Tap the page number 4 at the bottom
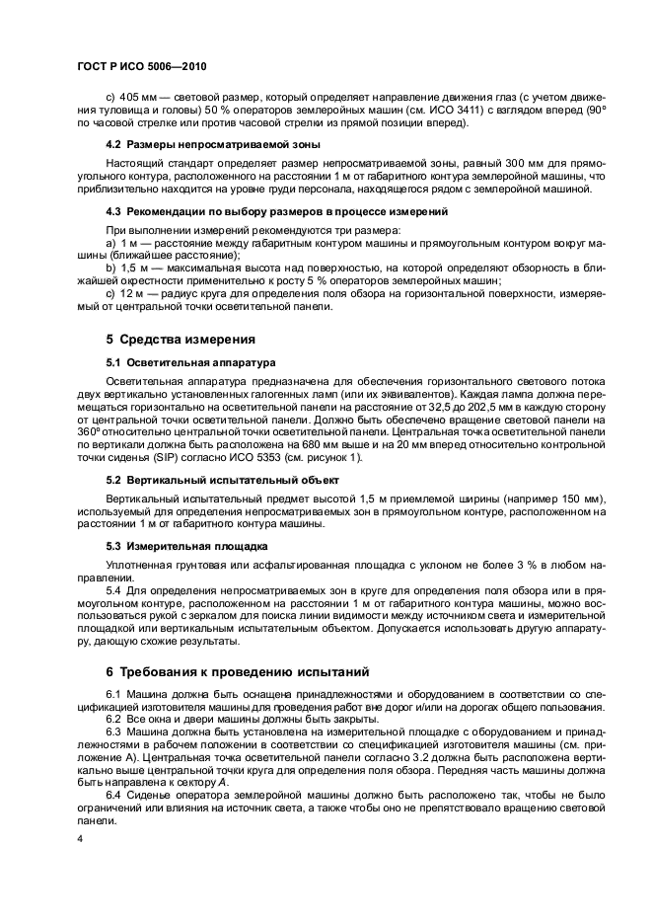coord(81,837)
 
